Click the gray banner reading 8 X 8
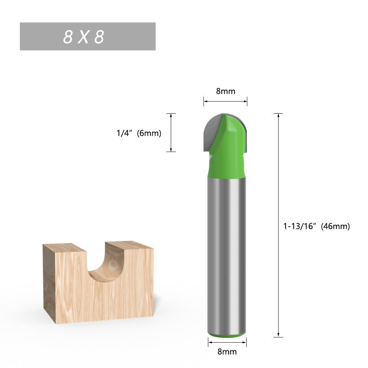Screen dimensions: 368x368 [88, 36]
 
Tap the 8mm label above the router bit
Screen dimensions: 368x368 [225, 91]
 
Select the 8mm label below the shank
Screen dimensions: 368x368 [227, 351]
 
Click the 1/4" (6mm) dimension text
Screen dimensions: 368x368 [139, 133]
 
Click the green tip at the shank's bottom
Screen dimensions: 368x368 [225, 335]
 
